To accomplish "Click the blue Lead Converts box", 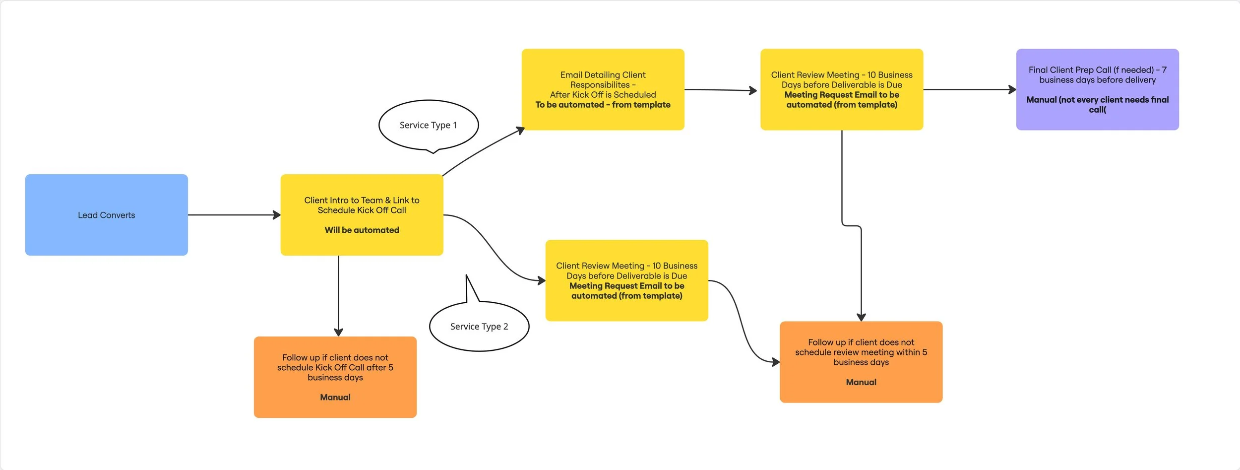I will (106, 215).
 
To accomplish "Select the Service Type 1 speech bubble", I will (428, 125).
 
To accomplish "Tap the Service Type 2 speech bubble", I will (479, 326).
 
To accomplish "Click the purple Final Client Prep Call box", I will (1097, 89).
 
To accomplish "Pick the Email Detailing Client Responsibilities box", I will (603, 89).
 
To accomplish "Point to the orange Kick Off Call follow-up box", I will (335, 377).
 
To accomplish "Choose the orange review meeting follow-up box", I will (861, 362).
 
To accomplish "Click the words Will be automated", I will (362, 230).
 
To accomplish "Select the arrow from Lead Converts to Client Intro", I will (233, 215).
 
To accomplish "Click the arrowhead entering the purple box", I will (1012, 90).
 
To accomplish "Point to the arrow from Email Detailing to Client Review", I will (719, 90).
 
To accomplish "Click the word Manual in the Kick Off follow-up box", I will (335, 397).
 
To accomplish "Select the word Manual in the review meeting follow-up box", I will (861, 382).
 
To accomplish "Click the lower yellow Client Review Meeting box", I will (626, 280).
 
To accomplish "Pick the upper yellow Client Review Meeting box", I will (841, 89).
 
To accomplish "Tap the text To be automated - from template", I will (603, 105).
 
